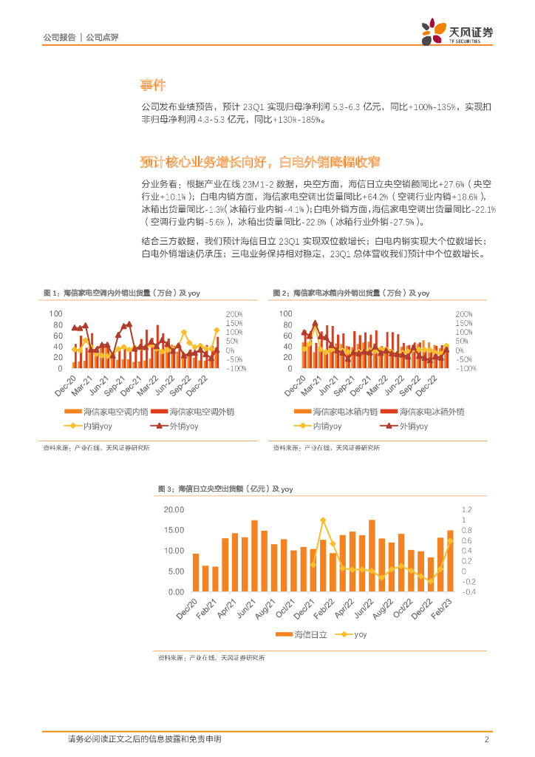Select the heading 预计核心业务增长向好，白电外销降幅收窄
click(x=263, y=162)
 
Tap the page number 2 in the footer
click(x=487, y=739)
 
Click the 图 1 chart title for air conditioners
click(x=122, y=293)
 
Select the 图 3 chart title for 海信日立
click(x=225, y=489)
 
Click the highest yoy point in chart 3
click(x=323, y=520)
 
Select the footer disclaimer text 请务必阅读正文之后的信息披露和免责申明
click(x=144, y=739)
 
